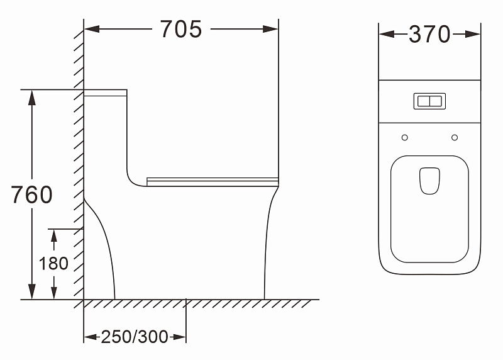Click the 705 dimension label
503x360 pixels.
(181, 29)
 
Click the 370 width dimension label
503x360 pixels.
(429, 34)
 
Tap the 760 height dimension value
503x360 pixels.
(32, 194)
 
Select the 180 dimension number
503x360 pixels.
(53, 263)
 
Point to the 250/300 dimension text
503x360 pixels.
(135, 337)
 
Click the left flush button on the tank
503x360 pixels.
(423, 101)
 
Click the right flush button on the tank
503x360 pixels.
(436, 101)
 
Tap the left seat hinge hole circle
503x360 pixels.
(405, 137)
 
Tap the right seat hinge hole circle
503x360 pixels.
(455, 137)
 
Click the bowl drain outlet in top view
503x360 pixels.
(429, 181)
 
